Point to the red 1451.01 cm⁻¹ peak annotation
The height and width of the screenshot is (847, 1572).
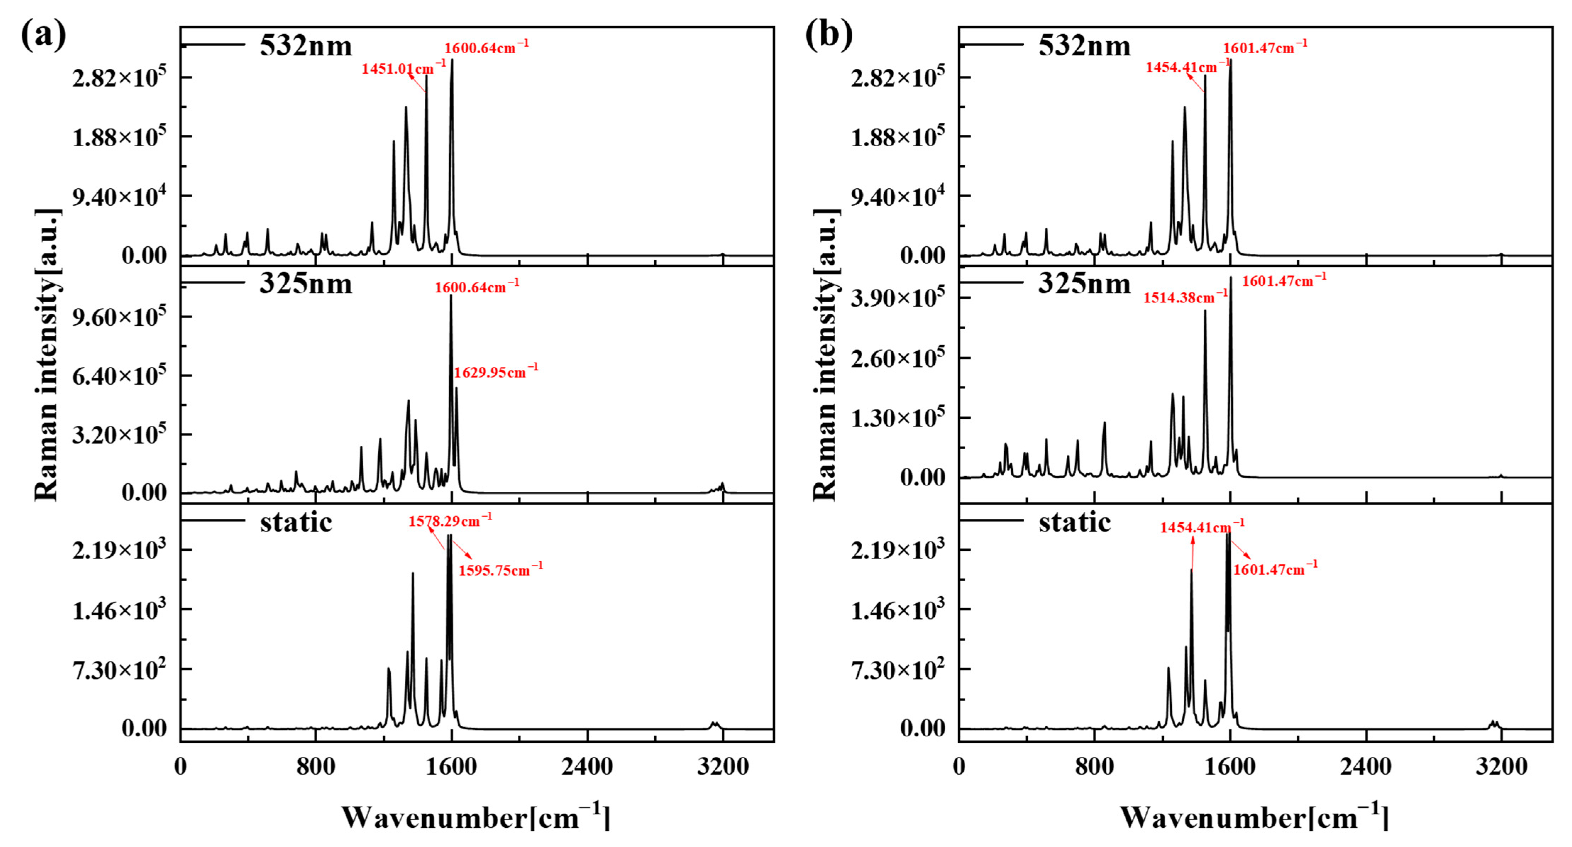(403, 68)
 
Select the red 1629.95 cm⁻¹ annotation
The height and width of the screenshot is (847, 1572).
(495, 372)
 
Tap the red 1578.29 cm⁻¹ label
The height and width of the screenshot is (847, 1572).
(450, 521)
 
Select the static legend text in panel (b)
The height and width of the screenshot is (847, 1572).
(1074, 522)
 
